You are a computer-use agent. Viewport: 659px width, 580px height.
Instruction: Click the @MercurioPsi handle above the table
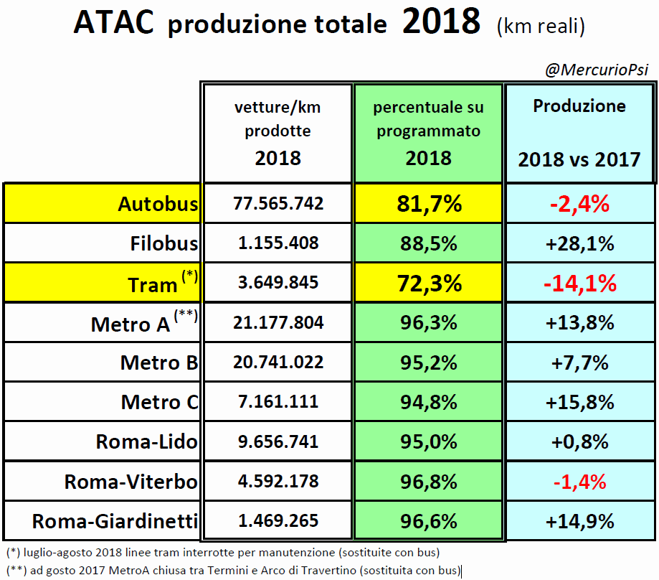598,70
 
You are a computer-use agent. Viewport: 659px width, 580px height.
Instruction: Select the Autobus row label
158,204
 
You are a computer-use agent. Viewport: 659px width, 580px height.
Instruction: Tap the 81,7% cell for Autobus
429,204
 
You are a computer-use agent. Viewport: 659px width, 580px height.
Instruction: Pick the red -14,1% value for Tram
579,283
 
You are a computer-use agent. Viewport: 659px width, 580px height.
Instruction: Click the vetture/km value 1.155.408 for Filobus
278,243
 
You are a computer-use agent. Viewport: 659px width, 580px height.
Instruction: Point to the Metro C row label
159,402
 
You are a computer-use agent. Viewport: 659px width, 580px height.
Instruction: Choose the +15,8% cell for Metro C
579,401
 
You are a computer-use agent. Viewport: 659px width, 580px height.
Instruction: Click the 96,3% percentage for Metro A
429,323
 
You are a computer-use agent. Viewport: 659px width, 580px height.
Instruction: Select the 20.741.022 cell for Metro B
278,362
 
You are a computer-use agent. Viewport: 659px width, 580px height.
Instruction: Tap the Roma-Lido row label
146,441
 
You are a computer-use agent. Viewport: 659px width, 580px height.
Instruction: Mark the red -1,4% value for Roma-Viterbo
579,481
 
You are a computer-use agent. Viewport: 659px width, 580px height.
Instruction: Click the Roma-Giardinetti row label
115,521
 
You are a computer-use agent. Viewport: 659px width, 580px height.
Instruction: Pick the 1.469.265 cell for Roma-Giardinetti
278,520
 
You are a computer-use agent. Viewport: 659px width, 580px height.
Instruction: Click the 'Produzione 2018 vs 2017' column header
579,133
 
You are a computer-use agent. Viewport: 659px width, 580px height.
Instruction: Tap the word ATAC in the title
113,24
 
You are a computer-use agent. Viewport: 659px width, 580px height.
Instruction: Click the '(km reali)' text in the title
540,27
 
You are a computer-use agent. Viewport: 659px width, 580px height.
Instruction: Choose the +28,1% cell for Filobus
579,243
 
